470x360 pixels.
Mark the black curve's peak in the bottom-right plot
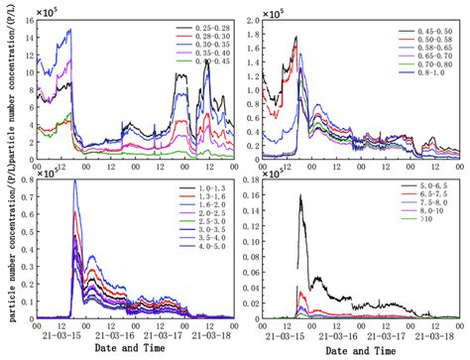click(x=300, y=195)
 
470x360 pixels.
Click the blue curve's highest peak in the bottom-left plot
click(x=75, y=180)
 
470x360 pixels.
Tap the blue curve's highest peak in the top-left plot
click(x=69, y=31)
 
